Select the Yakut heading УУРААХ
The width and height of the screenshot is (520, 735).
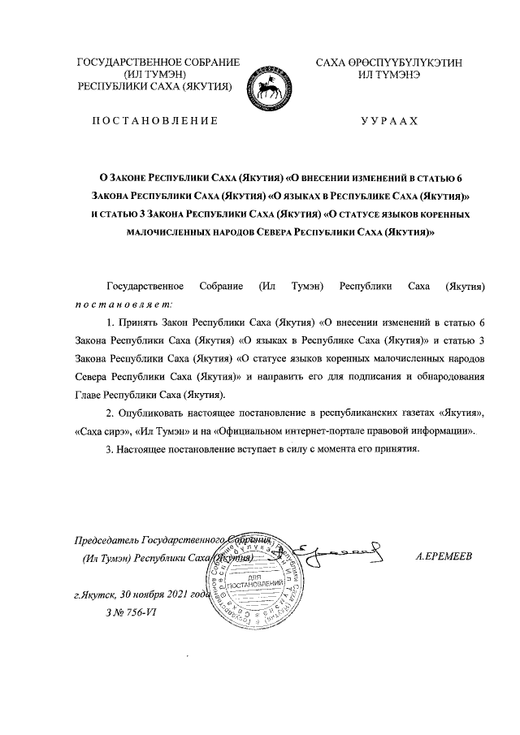click(x=388, y=121)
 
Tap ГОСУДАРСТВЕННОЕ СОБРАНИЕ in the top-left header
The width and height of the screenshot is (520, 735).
click(x=158, y=63)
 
